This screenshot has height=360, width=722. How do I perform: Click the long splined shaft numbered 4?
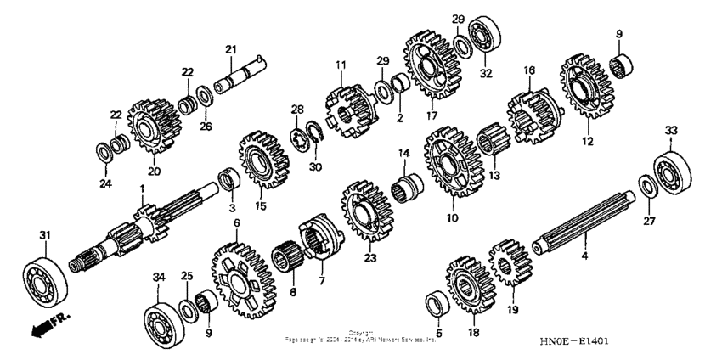[x=586, y=228]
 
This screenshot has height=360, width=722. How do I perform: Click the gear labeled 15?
[x=262, y=161]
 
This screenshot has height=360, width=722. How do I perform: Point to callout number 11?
[x=341, y=65]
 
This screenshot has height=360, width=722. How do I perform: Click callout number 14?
[x=403, y=153]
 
